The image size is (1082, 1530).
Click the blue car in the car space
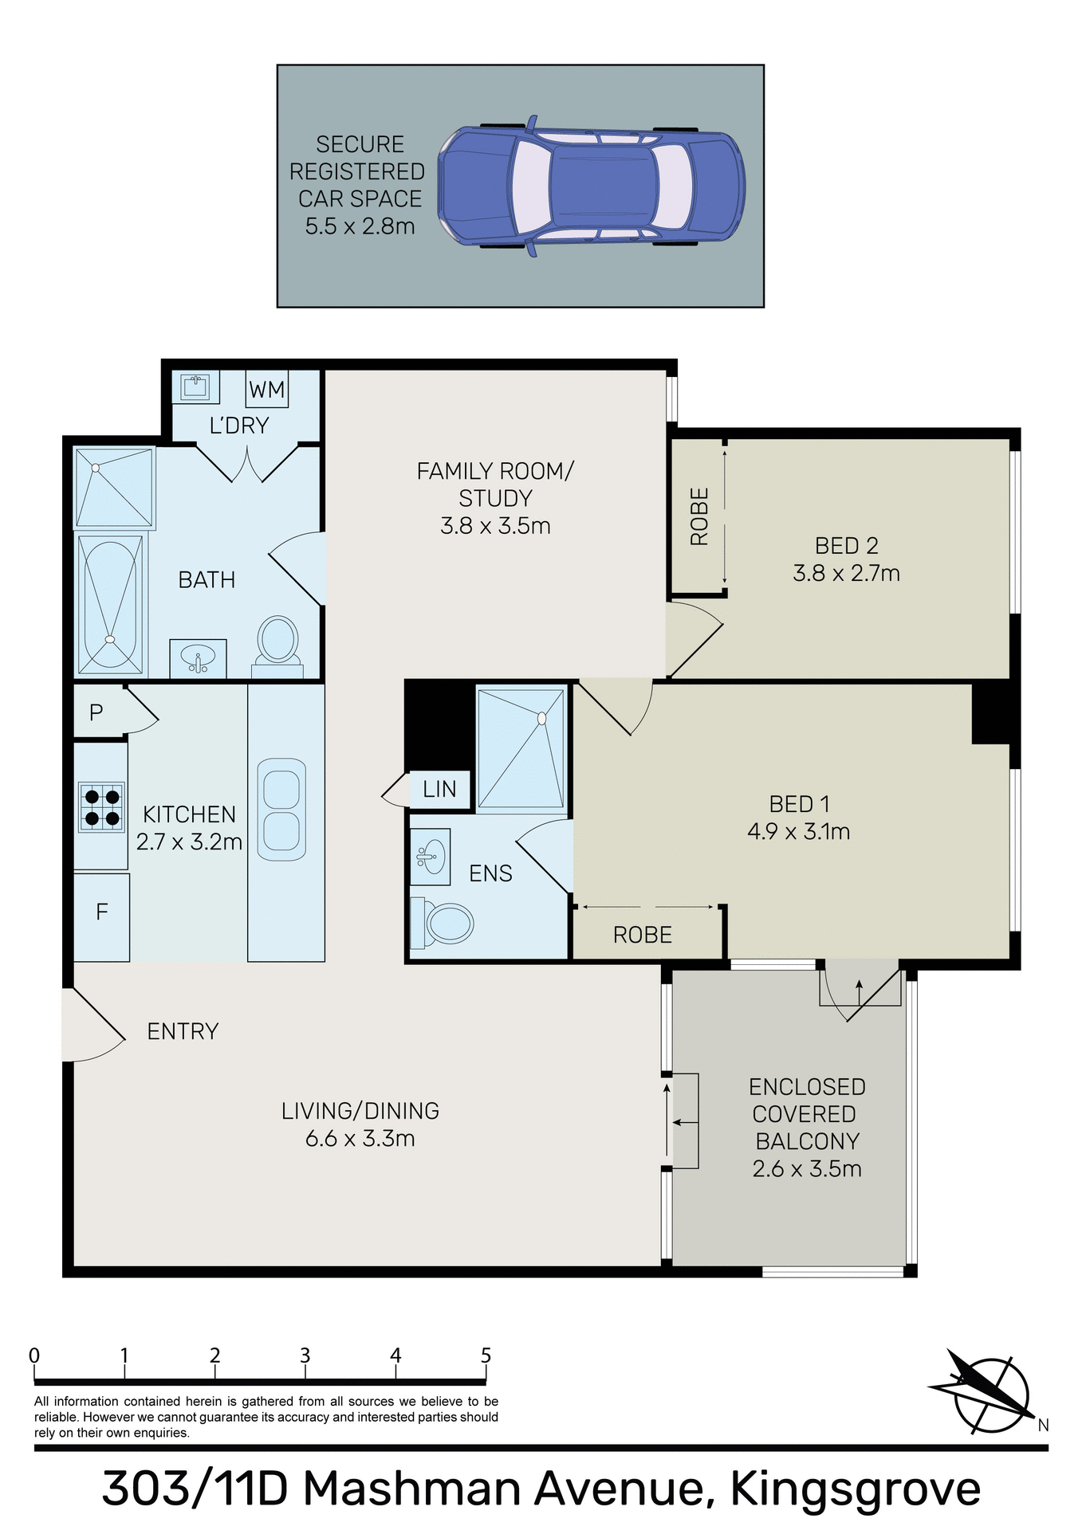pos(591,190)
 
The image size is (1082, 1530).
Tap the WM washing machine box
pos(266,390)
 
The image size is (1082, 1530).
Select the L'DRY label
pos(238,426)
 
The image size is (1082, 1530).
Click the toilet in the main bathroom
pos(277,642)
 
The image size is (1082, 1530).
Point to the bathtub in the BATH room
pos(111,603)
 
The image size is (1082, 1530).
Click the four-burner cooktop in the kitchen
pos(102,806)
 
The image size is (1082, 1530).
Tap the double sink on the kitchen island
pos(281,809)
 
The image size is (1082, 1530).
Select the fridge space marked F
pos(101,912)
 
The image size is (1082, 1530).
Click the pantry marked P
pos(96,712)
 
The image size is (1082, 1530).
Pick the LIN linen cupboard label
pos(439,790)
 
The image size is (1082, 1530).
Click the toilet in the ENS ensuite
pos(443,924)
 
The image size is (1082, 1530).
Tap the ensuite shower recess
pos(521,748)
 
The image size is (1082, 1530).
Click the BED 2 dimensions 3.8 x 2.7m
pos(846,574)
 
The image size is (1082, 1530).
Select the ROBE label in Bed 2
pos(699,516)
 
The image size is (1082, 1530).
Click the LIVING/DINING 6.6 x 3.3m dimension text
pos(360,1139)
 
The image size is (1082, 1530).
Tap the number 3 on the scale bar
pos(305,1355)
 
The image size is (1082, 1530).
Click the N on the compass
pos(1043,1426)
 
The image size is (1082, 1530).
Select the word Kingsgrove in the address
pos(855,1489)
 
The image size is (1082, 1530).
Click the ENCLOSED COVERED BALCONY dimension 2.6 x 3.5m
pos(806,1169)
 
